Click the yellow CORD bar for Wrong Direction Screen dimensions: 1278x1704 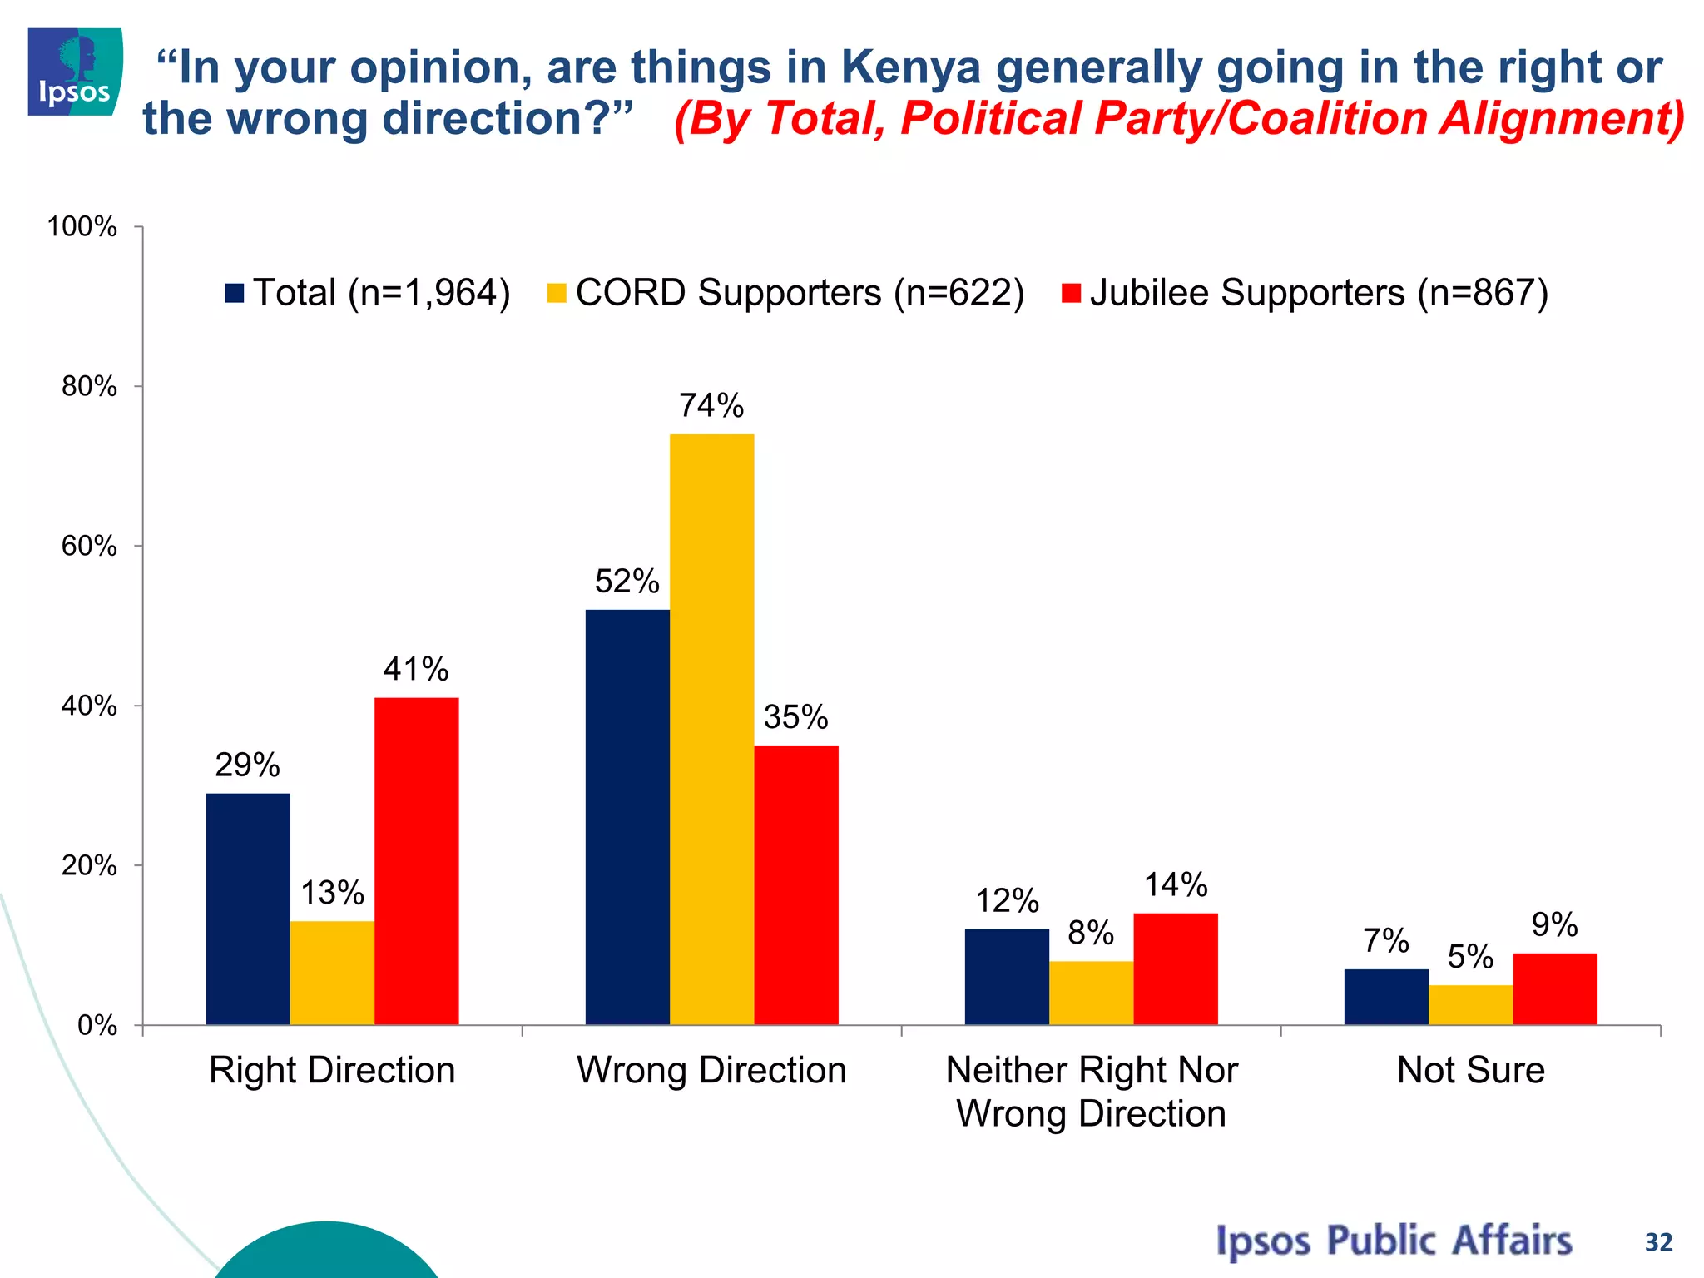[711, 729]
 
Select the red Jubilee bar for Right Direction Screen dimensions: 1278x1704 [416, 860]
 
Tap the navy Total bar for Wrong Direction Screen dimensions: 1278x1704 [627, 816]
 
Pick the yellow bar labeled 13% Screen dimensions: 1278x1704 [332, 972]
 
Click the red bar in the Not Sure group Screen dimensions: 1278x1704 [1554, 988]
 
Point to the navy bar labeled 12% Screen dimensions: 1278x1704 [1007, 976]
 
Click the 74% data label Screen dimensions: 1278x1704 [711, 406]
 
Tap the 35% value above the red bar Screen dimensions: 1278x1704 [795, 717]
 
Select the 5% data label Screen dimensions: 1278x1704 [1470, 957]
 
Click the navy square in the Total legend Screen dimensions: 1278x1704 [235, 294]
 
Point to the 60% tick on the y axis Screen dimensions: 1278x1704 [89, 547]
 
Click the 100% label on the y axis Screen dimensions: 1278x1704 [82, 227]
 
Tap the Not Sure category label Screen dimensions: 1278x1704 [1470, 1070]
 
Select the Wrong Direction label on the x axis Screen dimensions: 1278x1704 [711, 1070]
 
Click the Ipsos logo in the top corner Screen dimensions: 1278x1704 [75, 72]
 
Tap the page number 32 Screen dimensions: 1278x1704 [1658, 1242]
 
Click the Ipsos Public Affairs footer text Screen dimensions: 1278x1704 [1394, 1241]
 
